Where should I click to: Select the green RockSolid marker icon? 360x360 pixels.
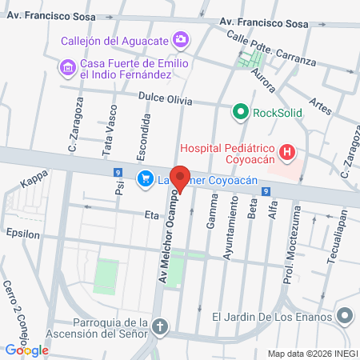pos(239,113)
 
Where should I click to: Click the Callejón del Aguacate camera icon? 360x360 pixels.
pos(182,38)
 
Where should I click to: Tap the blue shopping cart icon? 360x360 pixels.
pos(145,178)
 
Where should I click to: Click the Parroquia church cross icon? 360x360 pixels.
pos(161,327)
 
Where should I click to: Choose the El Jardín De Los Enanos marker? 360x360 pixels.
pos(344,317)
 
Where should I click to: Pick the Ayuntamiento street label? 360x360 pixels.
pos(233,229)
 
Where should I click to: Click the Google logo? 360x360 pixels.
pos(26,350)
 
